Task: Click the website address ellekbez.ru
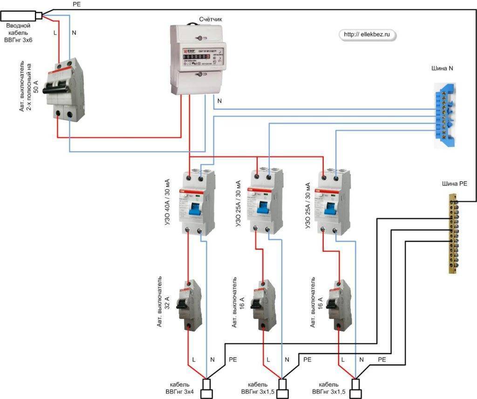366,34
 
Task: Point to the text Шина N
445,69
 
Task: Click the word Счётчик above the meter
211,19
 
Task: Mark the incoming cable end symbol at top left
21,16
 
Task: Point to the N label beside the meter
219,100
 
